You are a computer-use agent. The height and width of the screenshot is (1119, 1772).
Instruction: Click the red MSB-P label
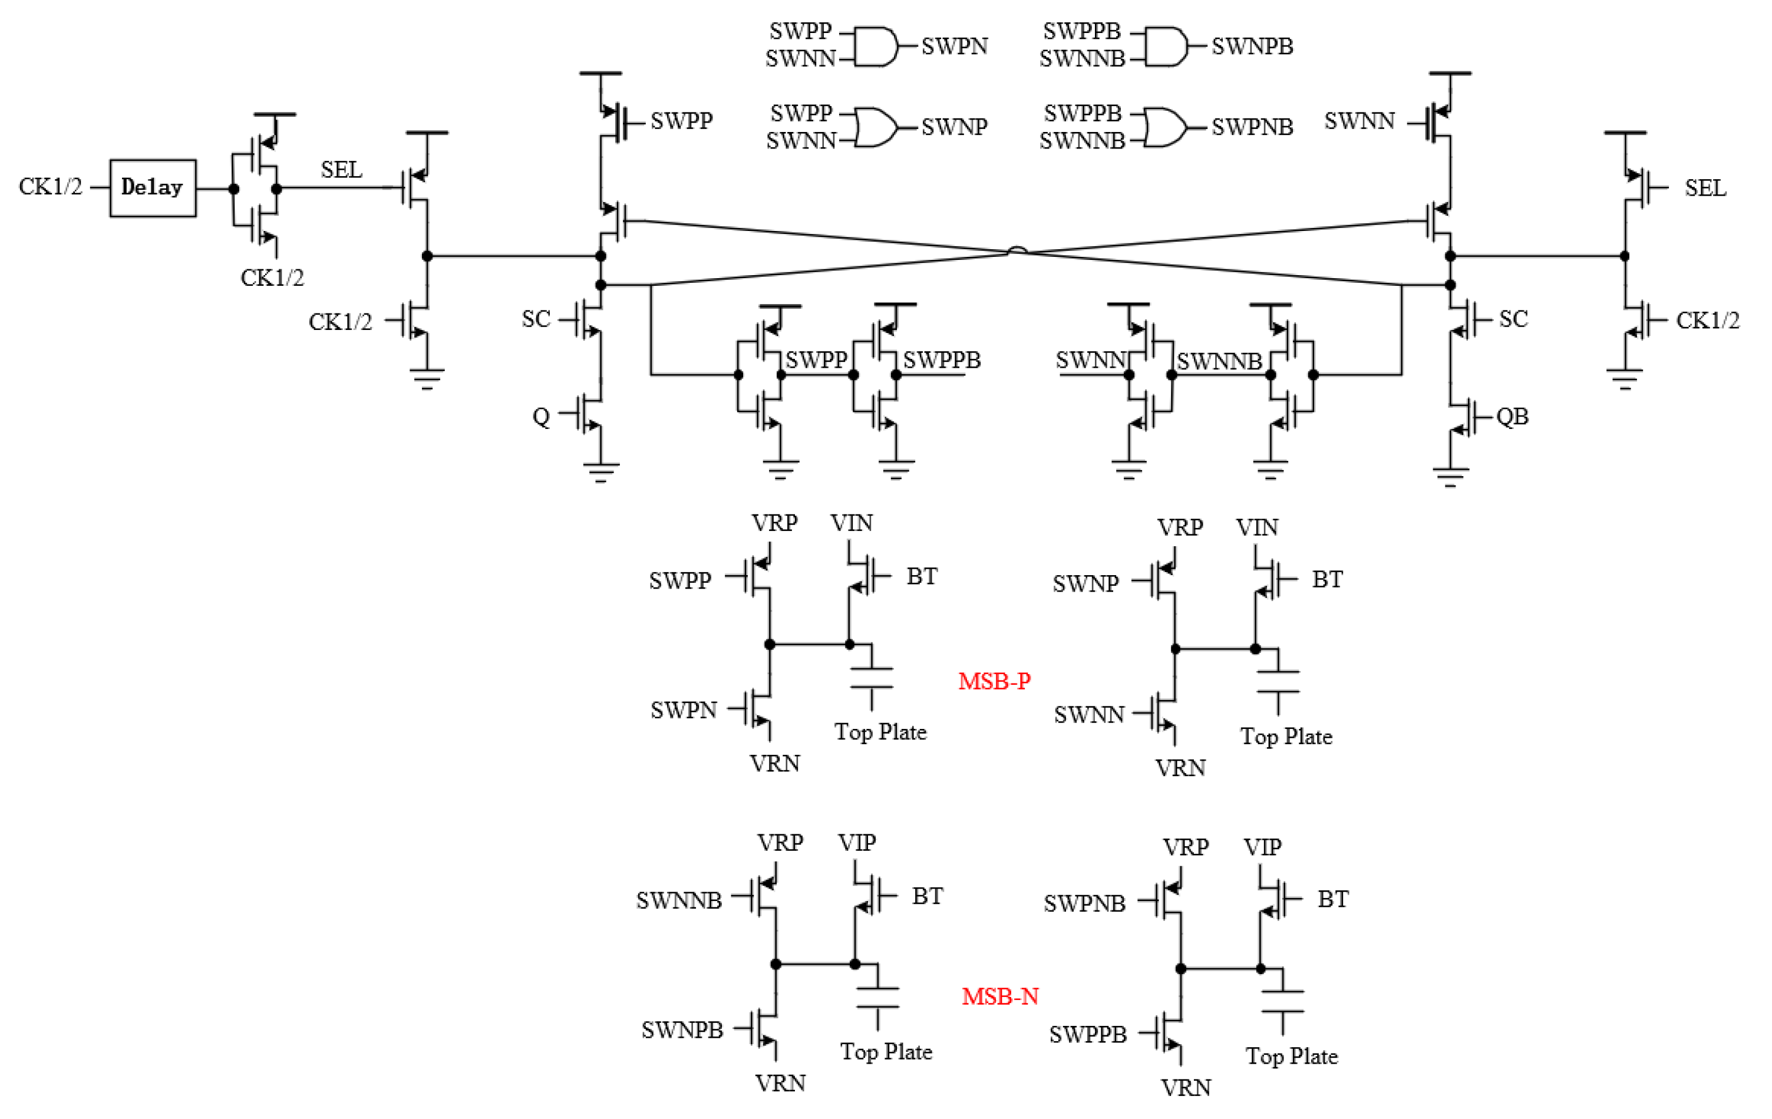pyautogui.click(x=994, y=681)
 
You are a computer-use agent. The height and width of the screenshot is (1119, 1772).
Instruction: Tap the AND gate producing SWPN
pyautogui.click(x=876, y=47)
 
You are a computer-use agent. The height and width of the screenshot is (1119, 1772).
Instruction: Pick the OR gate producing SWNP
pyautogui.click(x=876, y=127)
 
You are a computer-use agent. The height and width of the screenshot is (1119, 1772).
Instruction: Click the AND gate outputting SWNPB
pyautogui.click(x=1166, y=47)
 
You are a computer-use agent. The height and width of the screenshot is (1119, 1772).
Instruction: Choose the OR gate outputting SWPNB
pyautogui.click(x=1166, y=127)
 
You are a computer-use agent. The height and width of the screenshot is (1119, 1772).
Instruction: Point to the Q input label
pyautogui.click(x=541, y=417)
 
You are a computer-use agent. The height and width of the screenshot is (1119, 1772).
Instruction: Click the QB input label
pyautogui.click(x=1512, y=417)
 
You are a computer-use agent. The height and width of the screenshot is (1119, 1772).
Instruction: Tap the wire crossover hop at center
pyautogui.click(x=1017, y=251)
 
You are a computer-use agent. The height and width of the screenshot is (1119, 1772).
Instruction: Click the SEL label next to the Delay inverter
pyautogui.click(x=341, y=170)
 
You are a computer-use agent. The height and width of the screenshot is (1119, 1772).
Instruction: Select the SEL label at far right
pyautogui.click(x=1705, y=189)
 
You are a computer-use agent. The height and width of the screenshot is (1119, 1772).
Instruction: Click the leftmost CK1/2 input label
pyautogui.click(x=50, y=187)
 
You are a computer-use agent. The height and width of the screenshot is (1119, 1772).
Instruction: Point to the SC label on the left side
pyautogui.click(x=536, y=319)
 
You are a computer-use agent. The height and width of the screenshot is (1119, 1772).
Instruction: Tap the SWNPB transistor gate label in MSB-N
pyautogui.click(x=682, y=1030)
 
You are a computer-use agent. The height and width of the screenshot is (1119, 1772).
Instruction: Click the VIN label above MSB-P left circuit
pyautogui.click(x=852, y=523)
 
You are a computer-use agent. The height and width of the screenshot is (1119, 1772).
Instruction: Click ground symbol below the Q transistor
pyautogui.click(x=600, y=471)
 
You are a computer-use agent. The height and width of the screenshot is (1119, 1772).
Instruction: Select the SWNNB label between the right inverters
pyautogui.click(x=1219, y=361)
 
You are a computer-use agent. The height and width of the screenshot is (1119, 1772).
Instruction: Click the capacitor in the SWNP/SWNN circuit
pyautogui.click(x=1278, y=682)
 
